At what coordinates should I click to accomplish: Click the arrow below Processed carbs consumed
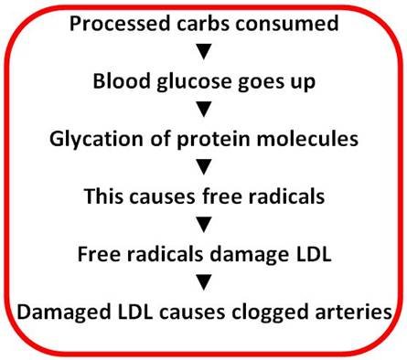coord(204,48)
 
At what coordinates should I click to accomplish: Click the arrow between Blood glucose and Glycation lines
coord(204,107)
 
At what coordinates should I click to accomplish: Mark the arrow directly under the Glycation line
coord(204,166)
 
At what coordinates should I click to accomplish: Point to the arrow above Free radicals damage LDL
coord(204,225)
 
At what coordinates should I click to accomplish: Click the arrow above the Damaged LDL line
coord(204,283)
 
